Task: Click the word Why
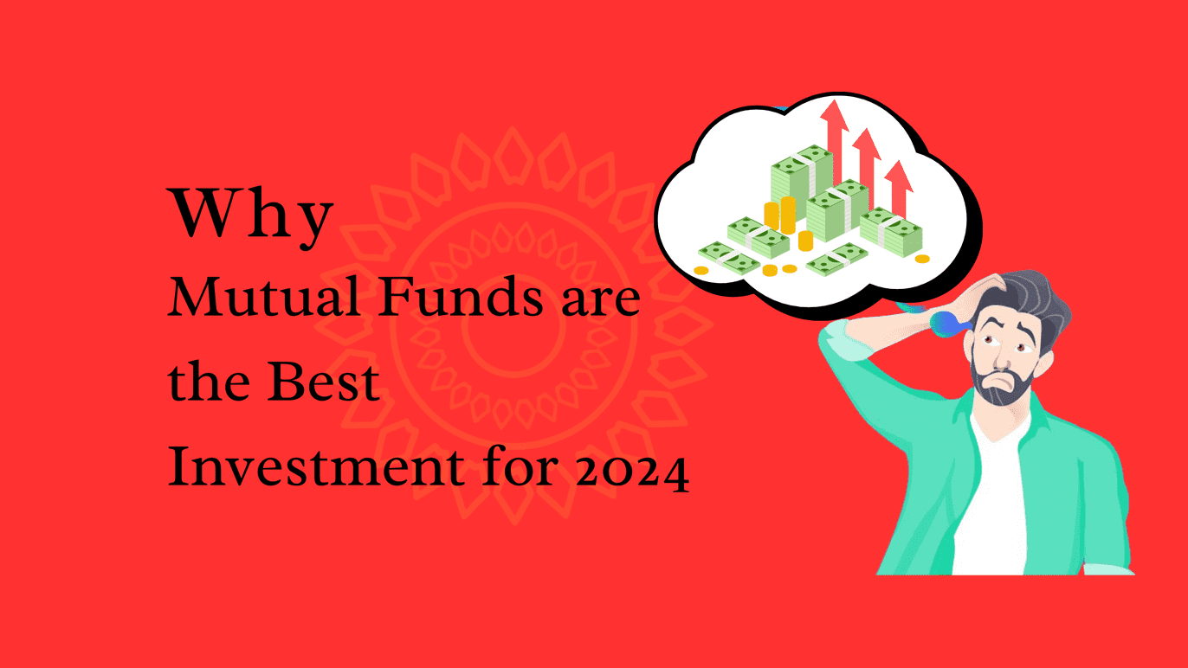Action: point(250,217)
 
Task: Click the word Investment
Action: point(316,466)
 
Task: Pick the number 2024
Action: point(633,471)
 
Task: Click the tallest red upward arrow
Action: point(835,142)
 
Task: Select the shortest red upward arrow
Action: point(899,189)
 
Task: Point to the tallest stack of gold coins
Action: point(788,215)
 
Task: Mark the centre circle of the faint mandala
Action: point(513,325)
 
